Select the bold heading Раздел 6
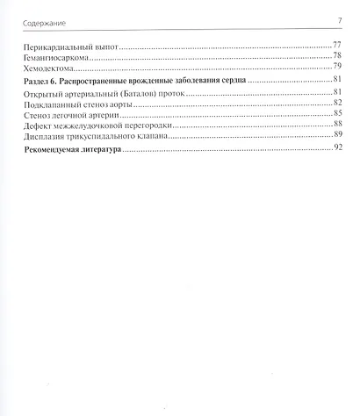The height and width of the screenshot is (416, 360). pyautogui.click(x=43, y=81)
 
